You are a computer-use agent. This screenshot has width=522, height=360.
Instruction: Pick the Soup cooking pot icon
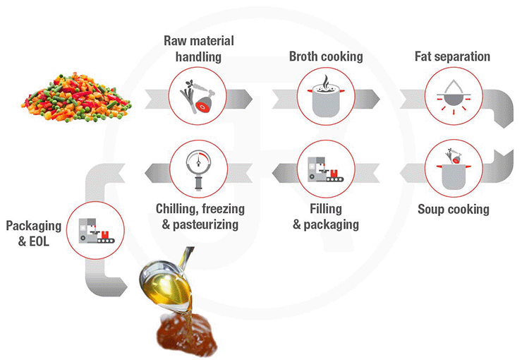pyautogui.click(x=452, y=169)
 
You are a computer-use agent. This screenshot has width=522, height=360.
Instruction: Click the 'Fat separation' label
pyautogui.click(x=454, y=56)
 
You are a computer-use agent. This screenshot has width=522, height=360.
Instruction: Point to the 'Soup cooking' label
pyautogui.click(x=453, y=209)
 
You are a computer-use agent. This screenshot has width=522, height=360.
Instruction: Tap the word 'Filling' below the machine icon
pyautogui.click(x=325, y=209)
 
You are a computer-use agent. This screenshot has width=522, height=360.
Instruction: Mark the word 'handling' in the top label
pyautogui.click(x=198, y=56)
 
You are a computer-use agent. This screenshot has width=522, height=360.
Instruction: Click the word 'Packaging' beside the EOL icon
pyautogui.click(x=33, y=227)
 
